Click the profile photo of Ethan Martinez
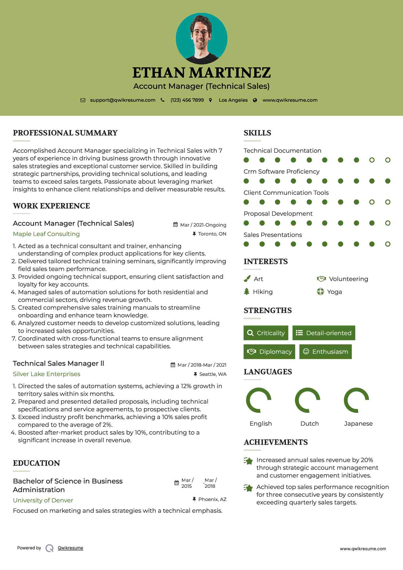[201, 38]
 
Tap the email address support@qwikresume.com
[123, 100]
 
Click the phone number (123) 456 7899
[187, 100]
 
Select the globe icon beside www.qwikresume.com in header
[255, 100]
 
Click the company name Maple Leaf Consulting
[46, 234]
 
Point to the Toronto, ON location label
[212, 234]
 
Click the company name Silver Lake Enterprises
[46, 374]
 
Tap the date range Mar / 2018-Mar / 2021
[202, 365]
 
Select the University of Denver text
[43, 500]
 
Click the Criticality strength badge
[266, 333]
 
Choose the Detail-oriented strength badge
[324, 333]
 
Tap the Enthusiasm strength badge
[325, 351]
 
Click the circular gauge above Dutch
[308, 400]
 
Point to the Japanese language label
[358, 423]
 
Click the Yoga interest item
[334, 292]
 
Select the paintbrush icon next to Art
[247, 279]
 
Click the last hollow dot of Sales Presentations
[388, 244]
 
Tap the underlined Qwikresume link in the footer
[70, 548]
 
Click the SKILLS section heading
[257, 133]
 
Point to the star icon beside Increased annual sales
[248, 461]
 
